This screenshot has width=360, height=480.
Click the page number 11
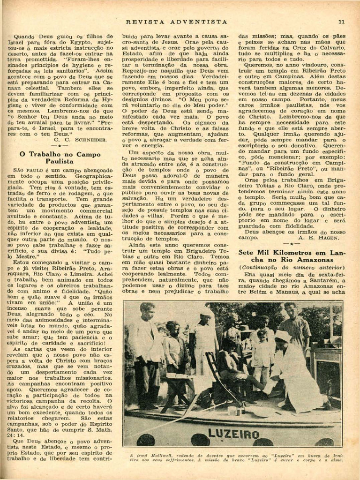pyautogui.click(x=341, y=21)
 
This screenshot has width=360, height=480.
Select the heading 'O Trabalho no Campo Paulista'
pyautogui.click(x=60, y=157)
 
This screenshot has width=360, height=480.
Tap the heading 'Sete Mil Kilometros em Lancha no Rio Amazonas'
pyautogui.click(x=291, y=255)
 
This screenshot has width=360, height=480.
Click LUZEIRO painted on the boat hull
pyautogui.click(x=233, y=434)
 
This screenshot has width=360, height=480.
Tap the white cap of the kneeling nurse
pyautogui.click(x=282, y=336)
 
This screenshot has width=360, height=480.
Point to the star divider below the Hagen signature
pyautogui.click(x=291, y=244)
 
